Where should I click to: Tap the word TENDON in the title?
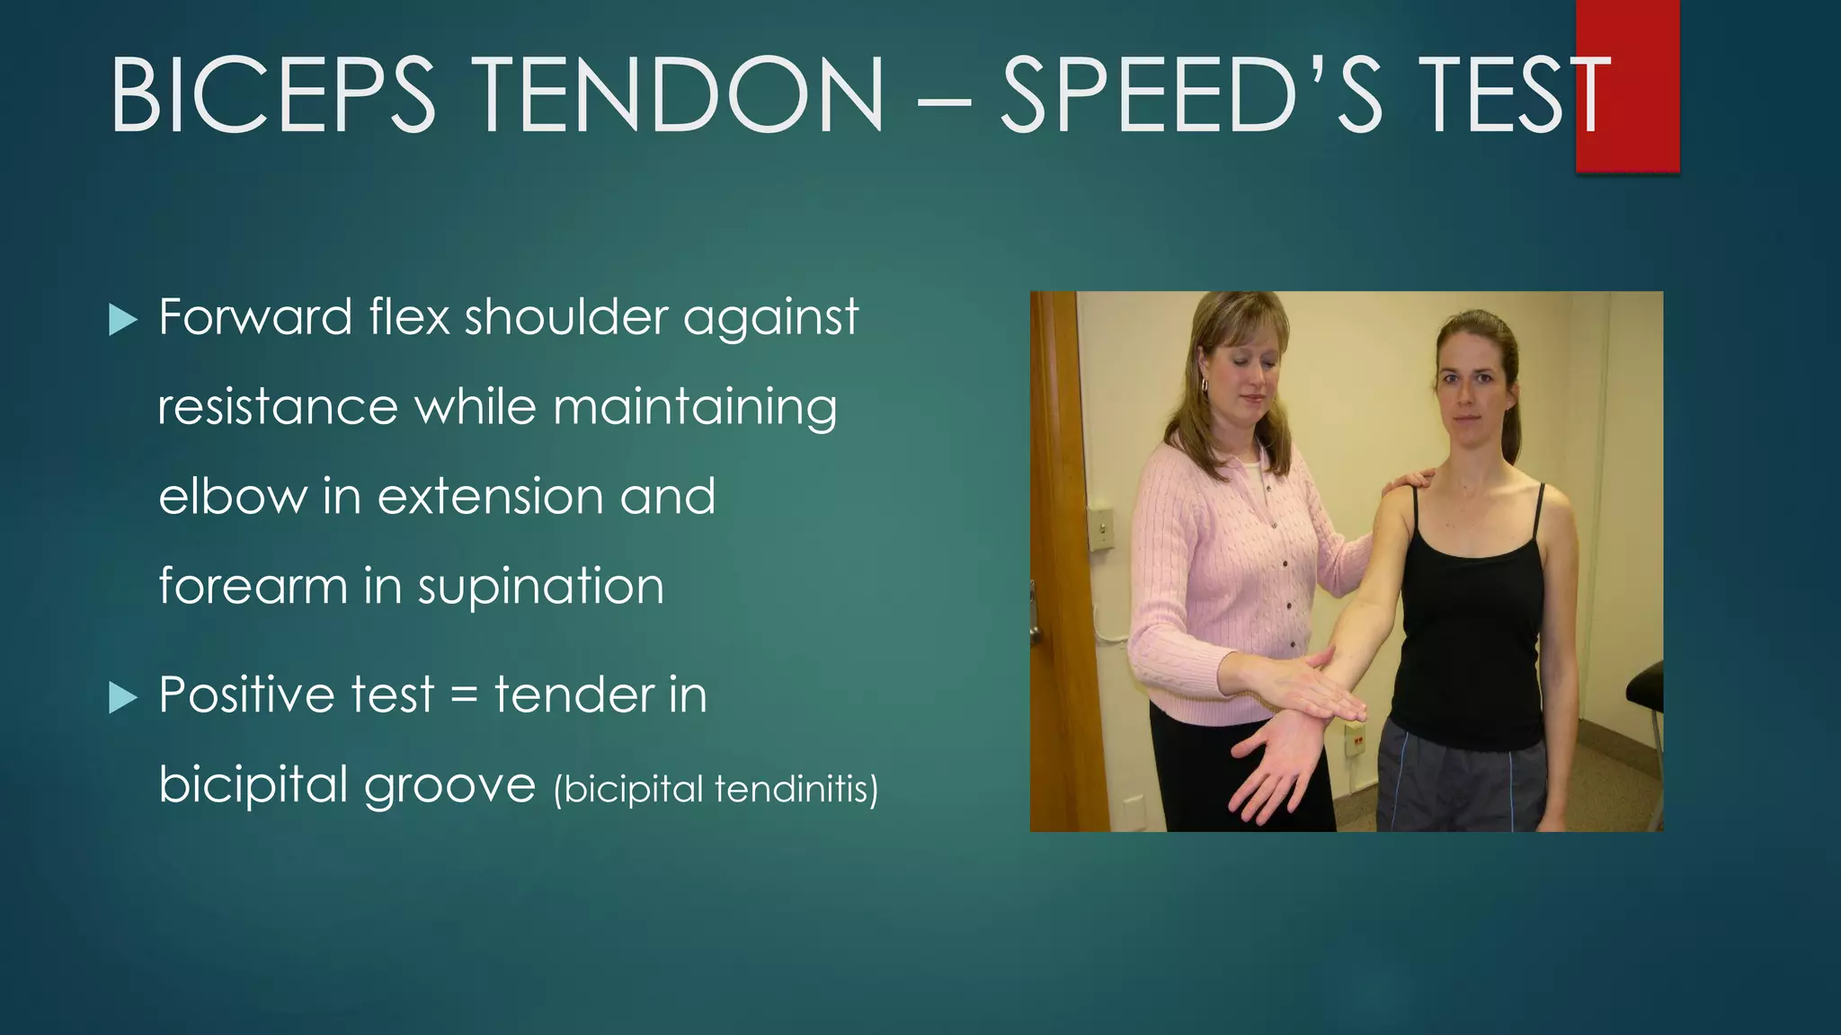(x=680, y=95)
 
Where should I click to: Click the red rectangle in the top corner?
(x=1627, y=85)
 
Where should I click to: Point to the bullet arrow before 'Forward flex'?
(x=122, y=319)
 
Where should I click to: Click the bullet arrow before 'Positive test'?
(x=122, y=697)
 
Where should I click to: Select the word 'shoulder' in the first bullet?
(x=566, y=317)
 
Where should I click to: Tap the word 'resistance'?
(x=278, y=407)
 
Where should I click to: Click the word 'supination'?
(x=540, y=588)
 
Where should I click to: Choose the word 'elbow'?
(x=233, y=497)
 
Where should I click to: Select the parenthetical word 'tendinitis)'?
(x=796, y=790)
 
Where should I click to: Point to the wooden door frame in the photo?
(x=1055, y=557)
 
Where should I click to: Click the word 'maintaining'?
(x=695, y=409)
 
